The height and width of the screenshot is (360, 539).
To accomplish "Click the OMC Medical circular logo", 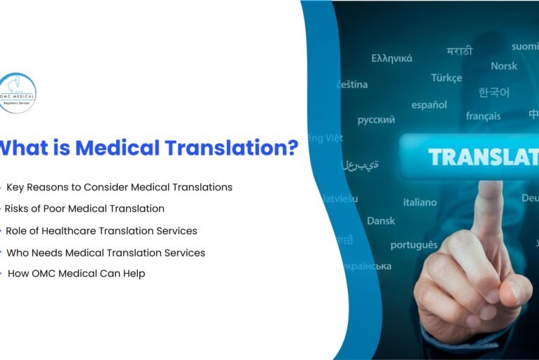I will point(17,93).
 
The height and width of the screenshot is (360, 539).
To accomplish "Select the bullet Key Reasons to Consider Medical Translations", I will point(119,187).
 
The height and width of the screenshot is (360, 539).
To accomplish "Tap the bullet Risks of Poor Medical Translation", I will point(85,208).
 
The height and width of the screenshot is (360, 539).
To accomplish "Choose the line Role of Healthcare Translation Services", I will point(101,230).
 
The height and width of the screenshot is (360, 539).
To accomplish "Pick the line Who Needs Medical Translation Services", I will point(105,252).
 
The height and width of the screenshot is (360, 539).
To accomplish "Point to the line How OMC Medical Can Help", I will point(76,273).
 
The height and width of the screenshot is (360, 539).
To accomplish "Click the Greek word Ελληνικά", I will point(391,58).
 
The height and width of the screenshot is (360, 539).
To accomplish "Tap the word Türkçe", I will point(447,78).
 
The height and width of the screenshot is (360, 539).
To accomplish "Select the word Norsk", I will point(504,66).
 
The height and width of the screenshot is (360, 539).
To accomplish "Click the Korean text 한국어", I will point(493,92).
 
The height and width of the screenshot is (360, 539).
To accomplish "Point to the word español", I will point(429,104).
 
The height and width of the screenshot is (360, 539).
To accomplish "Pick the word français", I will point(483,116).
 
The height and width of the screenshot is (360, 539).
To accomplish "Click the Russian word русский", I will point(376,120).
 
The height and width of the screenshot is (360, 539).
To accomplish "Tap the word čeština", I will point(351,84).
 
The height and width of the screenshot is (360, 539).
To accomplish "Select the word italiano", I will point(419,202).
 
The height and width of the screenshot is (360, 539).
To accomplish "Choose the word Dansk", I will point(381,221).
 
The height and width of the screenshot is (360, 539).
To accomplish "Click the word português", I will point(414,244).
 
